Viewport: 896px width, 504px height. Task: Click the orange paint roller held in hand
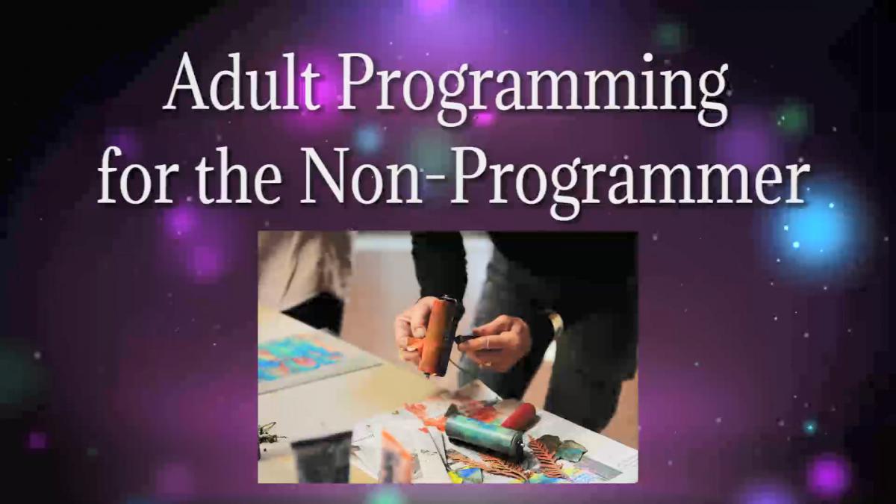439,335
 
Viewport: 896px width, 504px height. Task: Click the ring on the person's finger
488,343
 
